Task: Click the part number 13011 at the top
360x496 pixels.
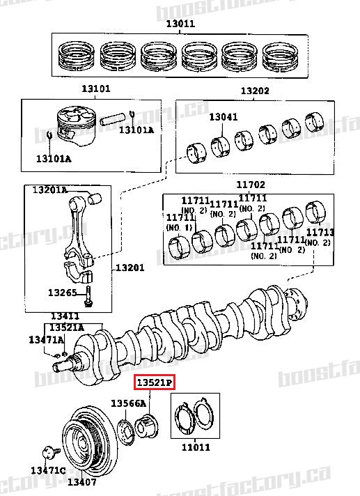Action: click(x=180, y=24)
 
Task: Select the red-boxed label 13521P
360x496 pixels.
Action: click(x=155, y=382)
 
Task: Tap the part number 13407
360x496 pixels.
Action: click(x=81, y=481)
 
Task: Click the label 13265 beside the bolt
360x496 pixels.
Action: click(x=62, y=292)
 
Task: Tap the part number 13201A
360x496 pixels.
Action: click(x=49, y=189)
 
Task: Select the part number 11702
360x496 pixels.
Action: click(x=251, y=185)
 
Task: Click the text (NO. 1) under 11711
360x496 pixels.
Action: click(x=179, y=226)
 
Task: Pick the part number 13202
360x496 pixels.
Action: click(x=255, y=91)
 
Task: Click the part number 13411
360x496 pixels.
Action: click(x=65, y=316)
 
